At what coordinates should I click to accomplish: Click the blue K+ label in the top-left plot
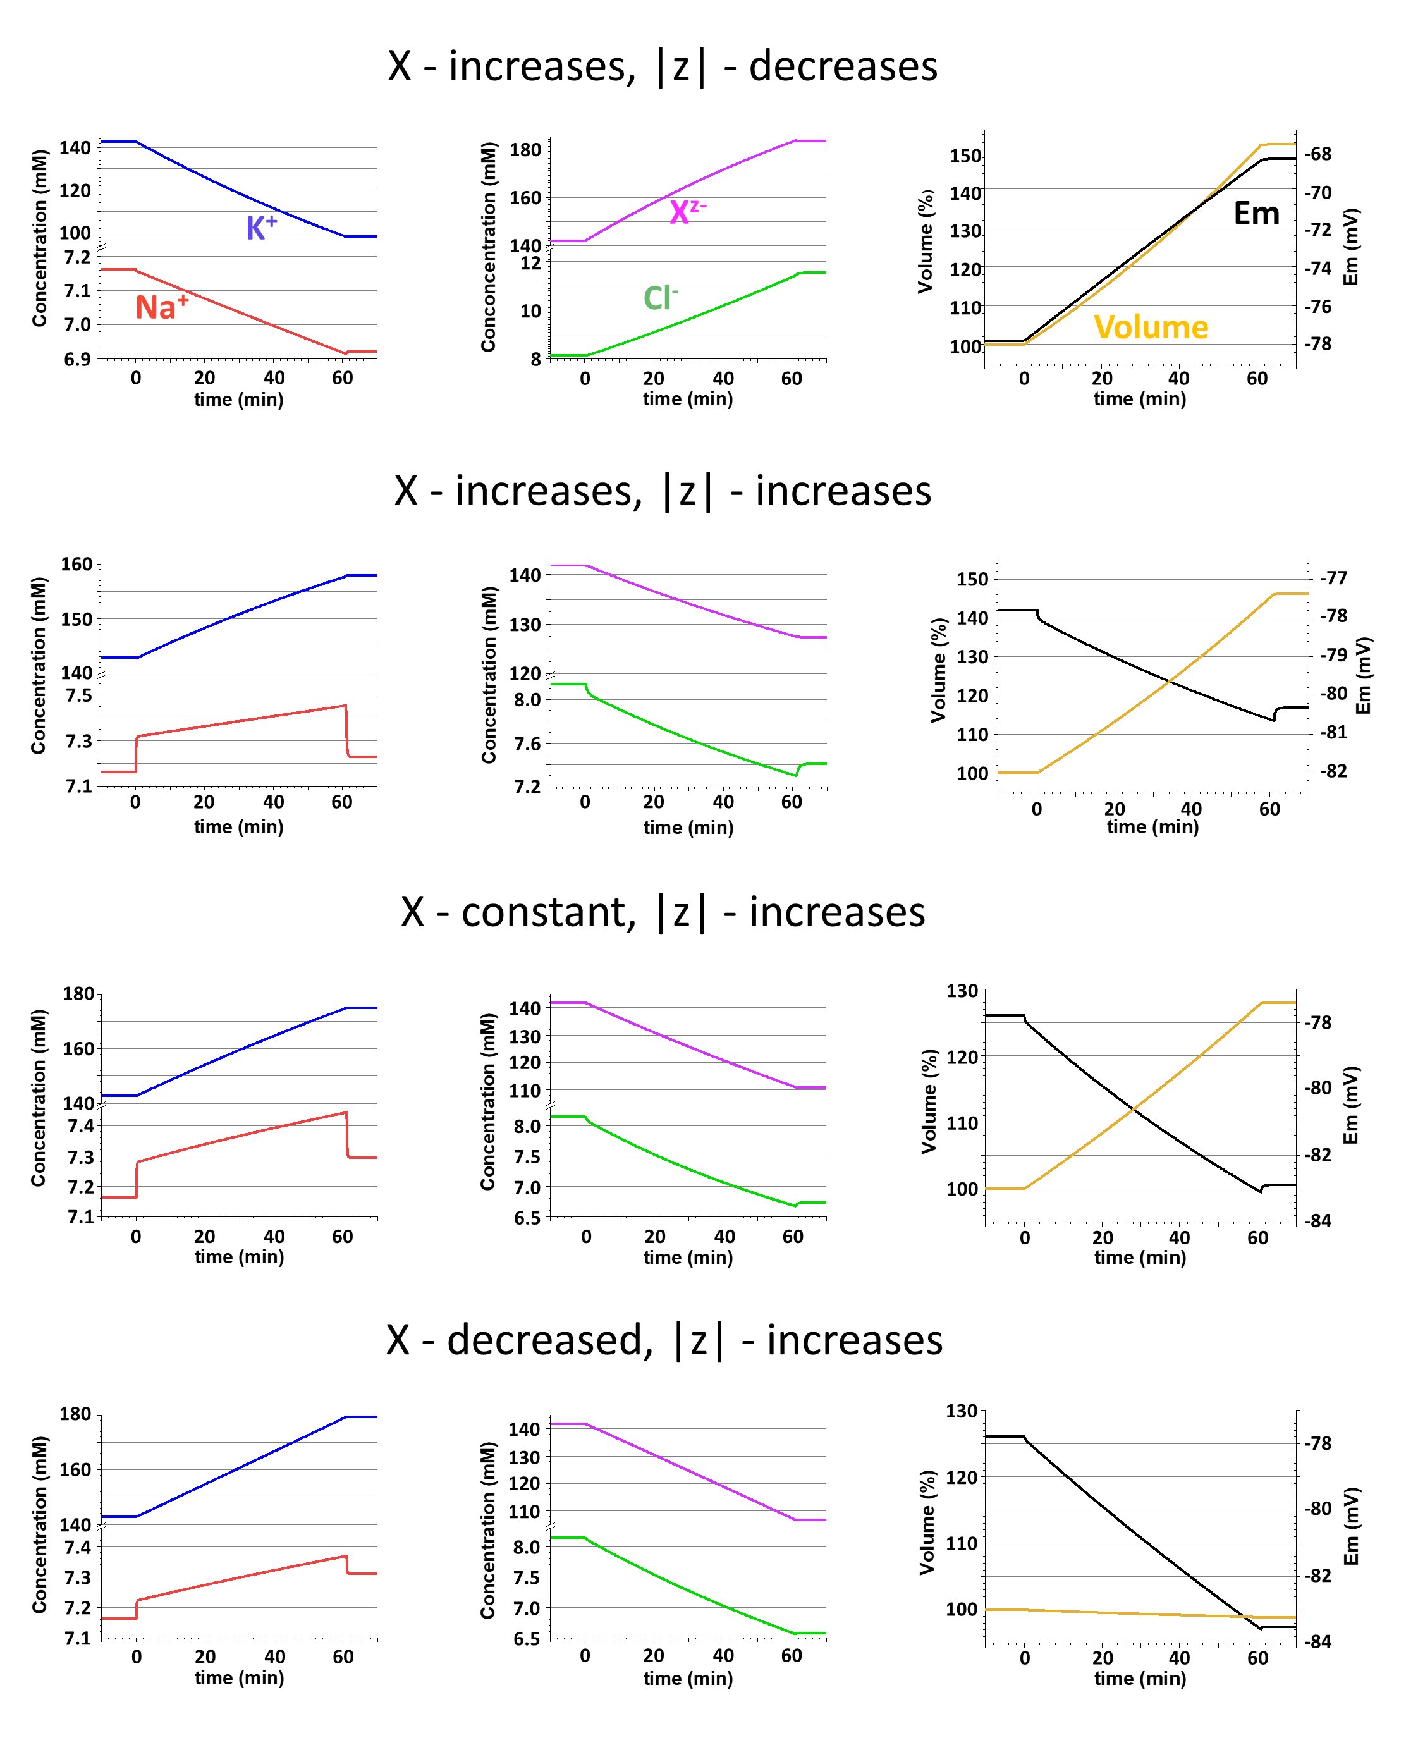coord(261,228)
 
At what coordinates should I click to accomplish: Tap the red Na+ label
coord(161,307)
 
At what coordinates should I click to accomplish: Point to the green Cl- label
coord(660,298)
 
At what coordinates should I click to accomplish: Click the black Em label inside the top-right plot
coord(1256,214)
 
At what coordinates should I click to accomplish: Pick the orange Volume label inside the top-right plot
coord(1150,327)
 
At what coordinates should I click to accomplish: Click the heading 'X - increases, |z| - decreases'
coord(663,66)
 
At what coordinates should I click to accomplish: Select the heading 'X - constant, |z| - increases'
coord(663,912)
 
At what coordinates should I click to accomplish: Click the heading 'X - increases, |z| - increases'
coord(663,491)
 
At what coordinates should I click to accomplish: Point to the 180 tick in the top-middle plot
coord(525,150)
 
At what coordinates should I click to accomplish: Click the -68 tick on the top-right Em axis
coord(1317,154)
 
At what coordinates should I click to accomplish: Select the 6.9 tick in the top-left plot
coord(78,358)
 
